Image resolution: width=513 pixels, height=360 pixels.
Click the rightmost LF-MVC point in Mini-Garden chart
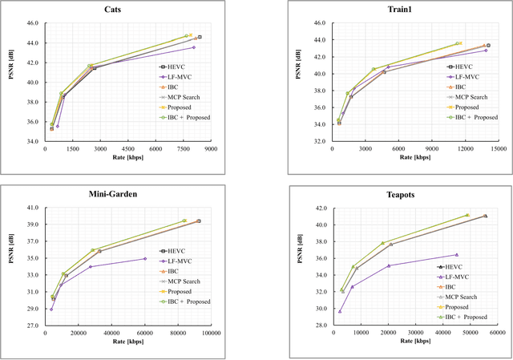(x=145, y=258)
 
